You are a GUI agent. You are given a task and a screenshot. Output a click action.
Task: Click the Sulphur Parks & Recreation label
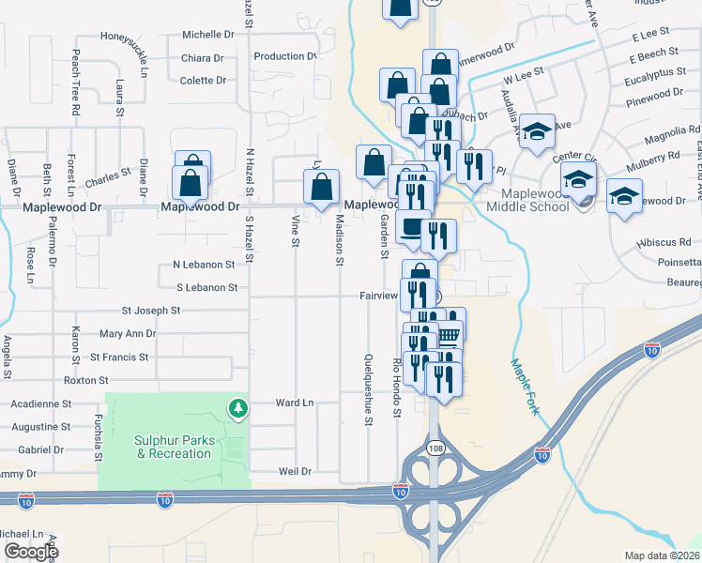[174, 447]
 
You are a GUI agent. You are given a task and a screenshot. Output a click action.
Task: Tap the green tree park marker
[239, 407]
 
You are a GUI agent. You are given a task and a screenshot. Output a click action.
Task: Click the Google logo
[31, 552]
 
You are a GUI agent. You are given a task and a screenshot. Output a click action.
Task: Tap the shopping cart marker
[450, 333]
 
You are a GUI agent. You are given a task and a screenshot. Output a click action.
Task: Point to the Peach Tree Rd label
[76, 84]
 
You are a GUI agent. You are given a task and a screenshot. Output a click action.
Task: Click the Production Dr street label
[279, 56]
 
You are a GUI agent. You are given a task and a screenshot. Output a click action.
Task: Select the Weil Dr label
[294, 471]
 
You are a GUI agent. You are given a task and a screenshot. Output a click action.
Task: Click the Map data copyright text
[663, 555]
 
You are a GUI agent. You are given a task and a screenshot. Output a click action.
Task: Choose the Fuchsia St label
[97, 432]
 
